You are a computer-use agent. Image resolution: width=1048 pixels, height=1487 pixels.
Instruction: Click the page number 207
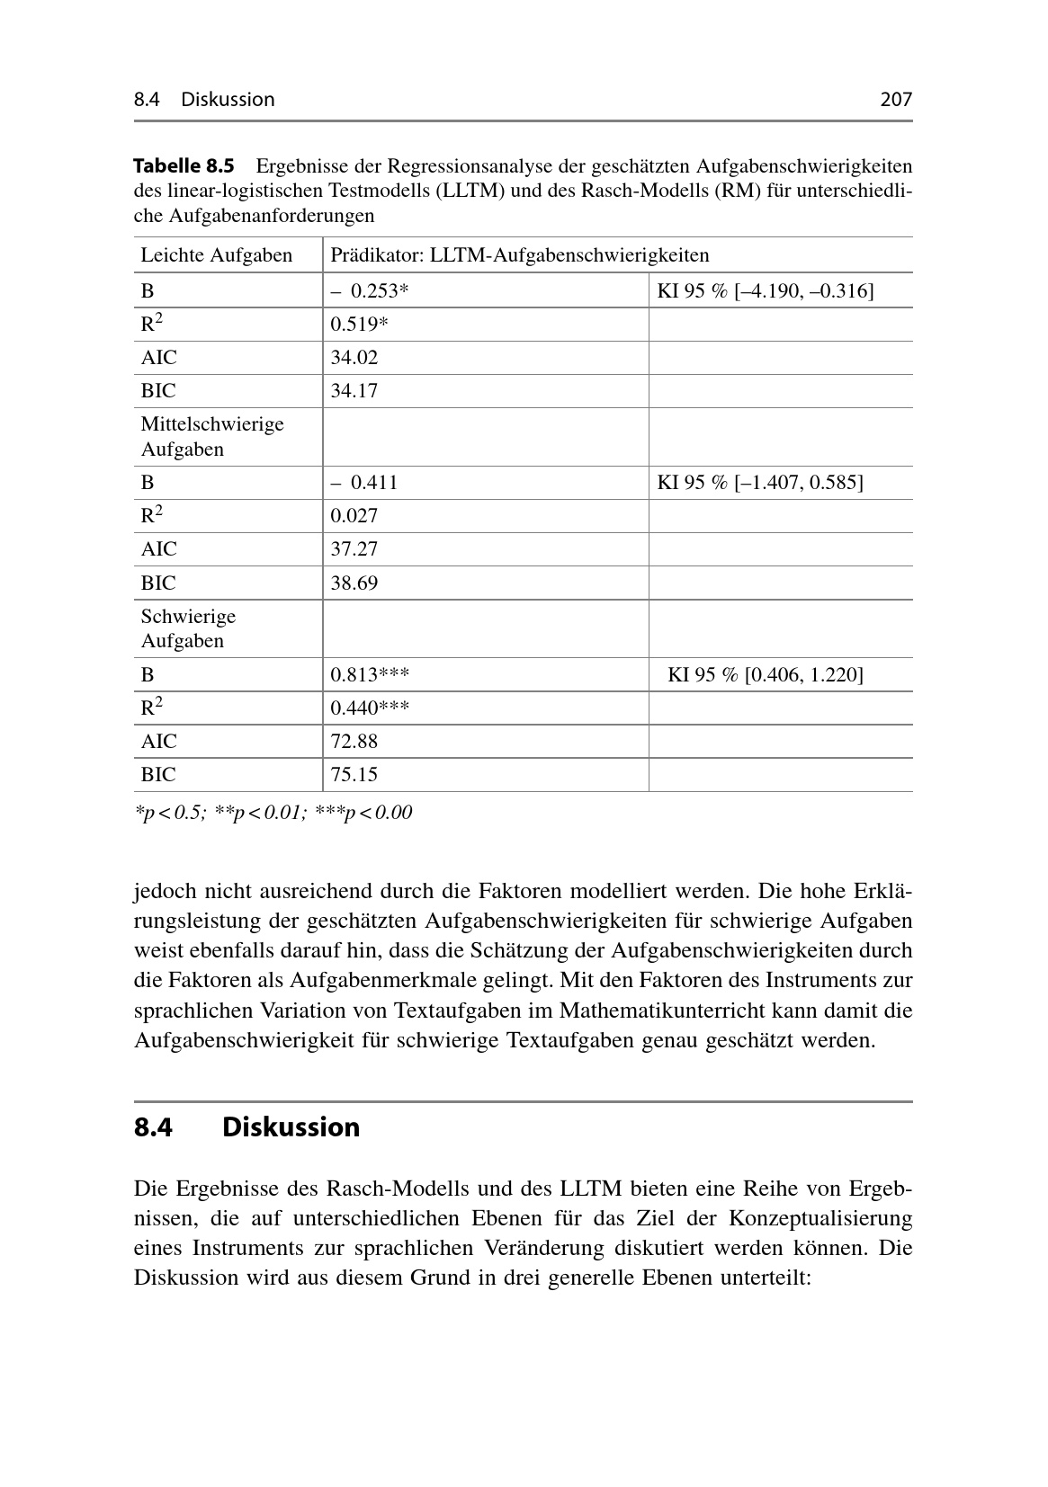click(895, 99)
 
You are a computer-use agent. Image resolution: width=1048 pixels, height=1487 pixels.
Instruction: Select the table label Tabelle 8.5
click(184, 166)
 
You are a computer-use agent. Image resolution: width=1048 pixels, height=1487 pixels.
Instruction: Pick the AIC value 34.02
click(354, 358)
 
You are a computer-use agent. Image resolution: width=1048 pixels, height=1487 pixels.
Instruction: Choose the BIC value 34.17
click(354, 391)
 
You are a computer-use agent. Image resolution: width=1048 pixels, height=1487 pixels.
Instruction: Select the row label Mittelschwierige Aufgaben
click(212, 436)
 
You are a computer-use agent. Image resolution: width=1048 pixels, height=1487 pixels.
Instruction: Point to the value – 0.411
click(364, 483)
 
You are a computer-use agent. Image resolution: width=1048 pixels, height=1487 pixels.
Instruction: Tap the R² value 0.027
click(354, 516)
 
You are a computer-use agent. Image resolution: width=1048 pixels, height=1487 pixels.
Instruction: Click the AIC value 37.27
click(354, 549)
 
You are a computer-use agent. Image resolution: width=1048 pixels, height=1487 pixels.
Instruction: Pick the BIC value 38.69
click(354, 583)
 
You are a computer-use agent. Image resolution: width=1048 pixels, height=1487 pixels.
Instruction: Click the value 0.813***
click(370, 675)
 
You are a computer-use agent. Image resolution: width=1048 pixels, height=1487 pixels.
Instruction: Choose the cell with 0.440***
click(370, 708)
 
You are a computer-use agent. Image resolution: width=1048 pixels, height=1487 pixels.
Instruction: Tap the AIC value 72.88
click(354, 742)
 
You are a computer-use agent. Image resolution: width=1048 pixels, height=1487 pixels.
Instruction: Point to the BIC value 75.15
click(354, 775)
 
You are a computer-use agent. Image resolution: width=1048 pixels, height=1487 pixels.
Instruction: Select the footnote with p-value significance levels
click(273, 813)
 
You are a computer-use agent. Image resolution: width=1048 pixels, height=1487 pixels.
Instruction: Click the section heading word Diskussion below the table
click(291, 1127)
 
